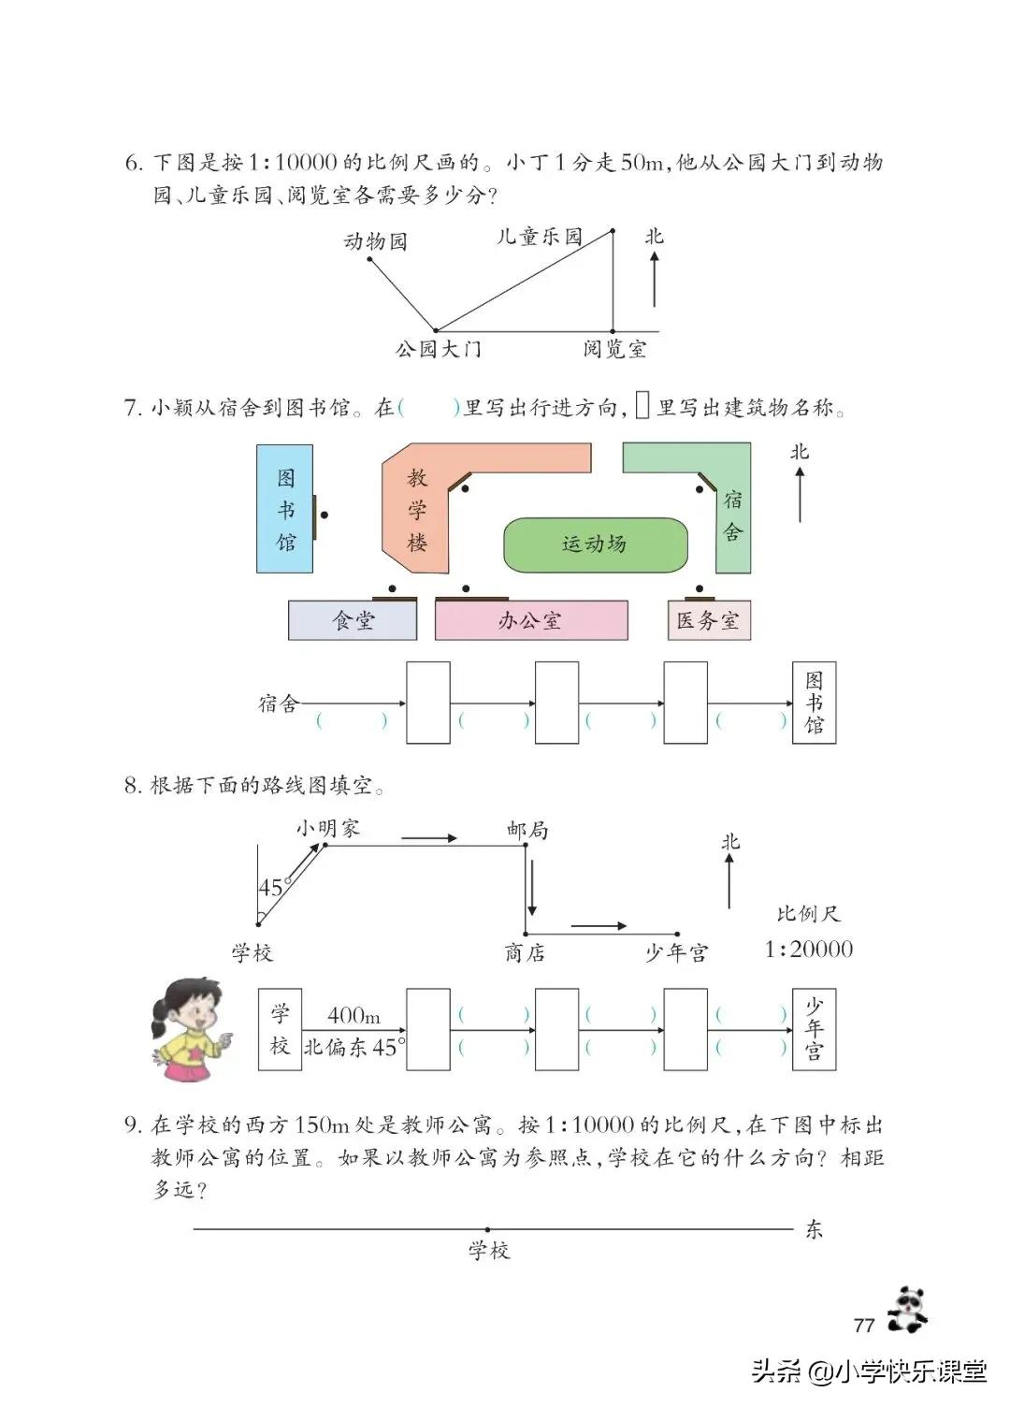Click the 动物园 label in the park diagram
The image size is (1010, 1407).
coord(376,241)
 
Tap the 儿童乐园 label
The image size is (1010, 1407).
coord(539,237)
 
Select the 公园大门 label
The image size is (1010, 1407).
coord(438,350)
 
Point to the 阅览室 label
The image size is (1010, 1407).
coord(614,350)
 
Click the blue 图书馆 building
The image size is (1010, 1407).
coord(285,509)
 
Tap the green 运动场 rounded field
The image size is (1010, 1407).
coord(595,544)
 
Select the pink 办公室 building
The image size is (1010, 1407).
coord(530,621)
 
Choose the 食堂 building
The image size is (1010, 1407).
coord(353,621)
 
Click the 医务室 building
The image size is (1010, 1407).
coord(708,621)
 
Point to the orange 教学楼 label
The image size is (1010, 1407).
coord(417,511)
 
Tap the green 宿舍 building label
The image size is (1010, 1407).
coord(733,516)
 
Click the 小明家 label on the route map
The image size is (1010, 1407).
coord(327,828)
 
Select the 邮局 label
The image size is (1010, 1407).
coord(527,830)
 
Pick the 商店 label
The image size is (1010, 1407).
coord(525,953)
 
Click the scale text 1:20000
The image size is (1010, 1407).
coord(808,950)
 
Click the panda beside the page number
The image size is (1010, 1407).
coord(905,1309)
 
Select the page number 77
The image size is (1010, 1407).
coord(864,1325)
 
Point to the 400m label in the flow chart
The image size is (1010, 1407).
coord(353,1016)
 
